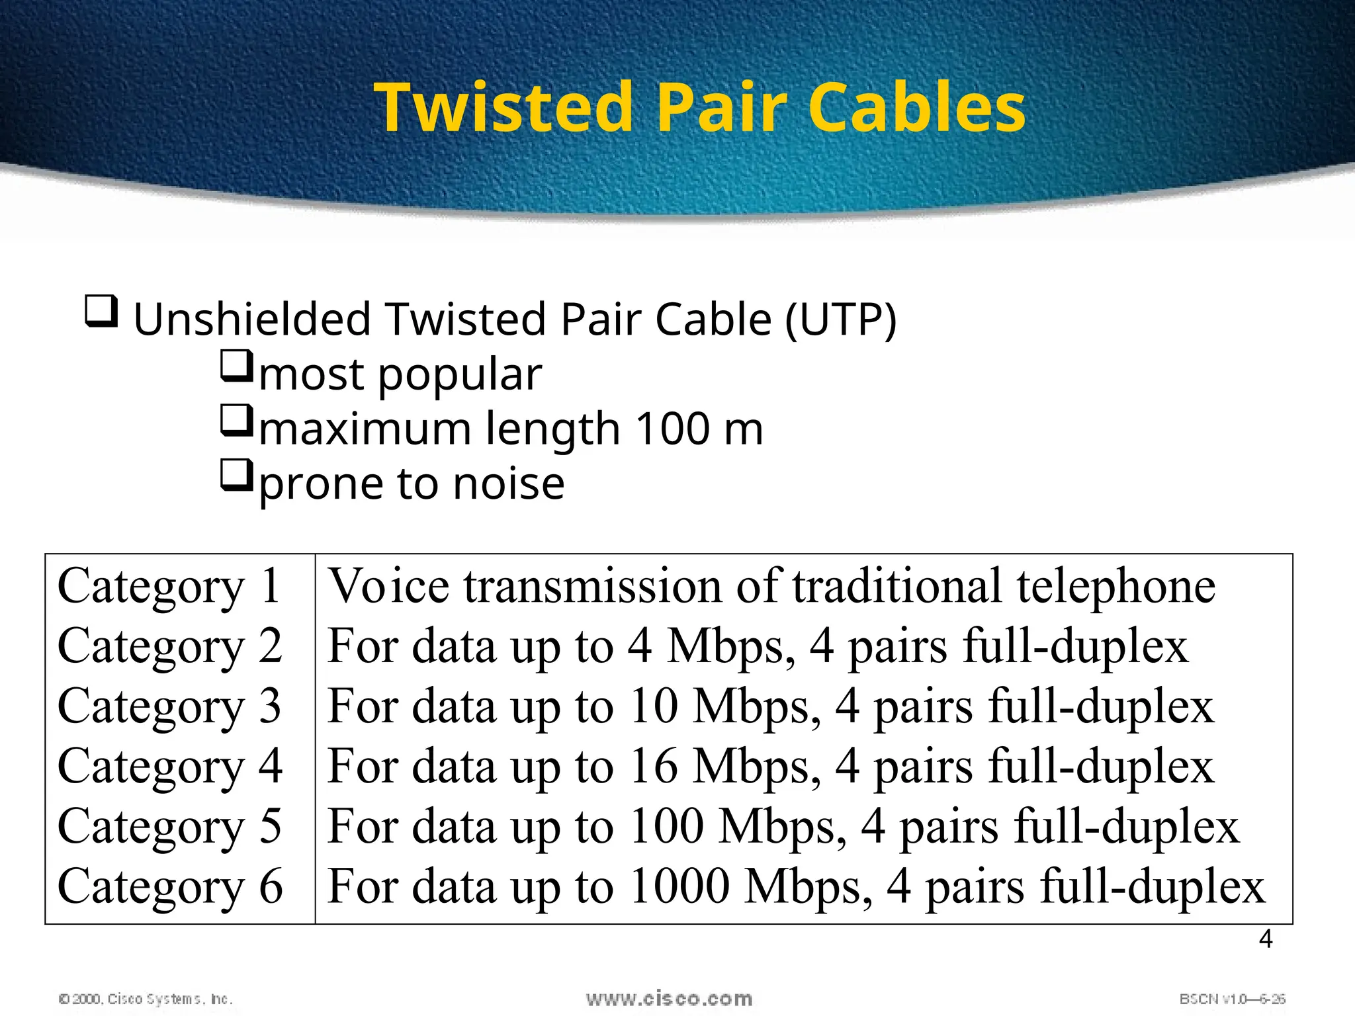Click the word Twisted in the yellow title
[x=504, y=107]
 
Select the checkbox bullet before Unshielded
[x=102, y=312]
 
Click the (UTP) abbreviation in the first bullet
[x=840, y=320]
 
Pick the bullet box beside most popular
[x=236, y=366]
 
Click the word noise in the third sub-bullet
[x=509, y=484]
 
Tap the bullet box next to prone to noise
[x=236, y=476]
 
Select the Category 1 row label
[x=169, y=586]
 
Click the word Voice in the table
[x=389, y=586]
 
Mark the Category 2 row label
[x=169, y=646]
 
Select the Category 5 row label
[x=169, y=827]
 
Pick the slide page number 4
[x=1265, y=939]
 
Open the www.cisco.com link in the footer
[x=669, y=998]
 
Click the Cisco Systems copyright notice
[x=146, y=999]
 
